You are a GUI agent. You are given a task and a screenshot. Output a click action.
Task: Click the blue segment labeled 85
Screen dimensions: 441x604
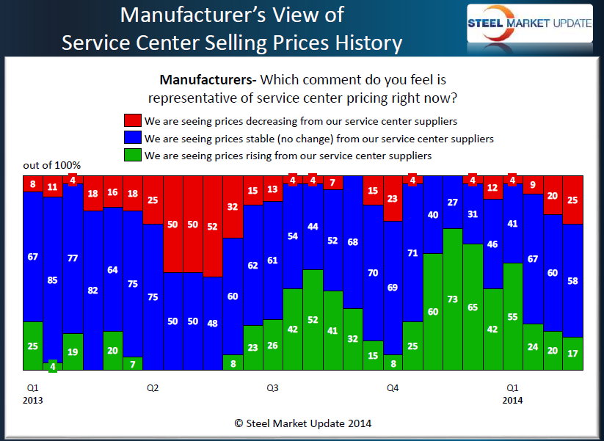point(53,280)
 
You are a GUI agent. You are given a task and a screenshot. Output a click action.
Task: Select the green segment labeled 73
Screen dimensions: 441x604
point(453,299)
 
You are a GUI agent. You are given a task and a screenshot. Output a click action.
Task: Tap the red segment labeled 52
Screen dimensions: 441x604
point(213,226)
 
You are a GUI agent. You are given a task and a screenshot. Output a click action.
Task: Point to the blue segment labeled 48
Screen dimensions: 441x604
point(213,323)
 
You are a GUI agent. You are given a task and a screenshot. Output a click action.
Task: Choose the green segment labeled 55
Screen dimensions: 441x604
point(512,316)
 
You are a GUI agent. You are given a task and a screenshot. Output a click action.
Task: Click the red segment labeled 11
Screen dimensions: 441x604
point(53,186)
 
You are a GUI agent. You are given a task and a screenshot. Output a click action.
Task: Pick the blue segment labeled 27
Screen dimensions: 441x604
point(453,202)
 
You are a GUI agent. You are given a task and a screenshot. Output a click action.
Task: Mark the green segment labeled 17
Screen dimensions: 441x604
point(572,353)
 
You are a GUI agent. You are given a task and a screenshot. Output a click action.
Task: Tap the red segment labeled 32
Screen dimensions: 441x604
point(233,207)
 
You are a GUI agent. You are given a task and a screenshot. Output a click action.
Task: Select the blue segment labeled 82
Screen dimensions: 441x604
point(92,291)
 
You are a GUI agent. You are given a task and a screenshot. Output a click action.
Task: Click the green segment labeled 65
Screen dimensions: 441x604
point(473,307)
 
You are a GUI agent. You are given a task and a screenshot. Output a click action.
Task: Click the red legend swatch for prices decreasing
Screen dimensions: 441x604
point(134,121)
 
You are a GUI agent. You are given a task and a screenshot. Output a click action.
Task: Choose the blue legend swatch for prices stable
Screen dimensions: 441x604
point(134,138)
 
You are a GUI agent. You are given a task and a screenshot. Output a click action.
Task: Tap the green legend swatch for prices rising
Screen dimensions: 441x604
point(134,156)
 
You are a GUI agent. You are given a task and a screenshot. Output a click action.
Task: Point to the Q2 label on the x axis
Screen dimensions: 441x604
point(153,387)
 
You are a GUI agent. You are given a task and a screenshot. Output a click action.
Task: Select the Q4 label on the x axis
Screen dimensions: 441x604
point(393,387)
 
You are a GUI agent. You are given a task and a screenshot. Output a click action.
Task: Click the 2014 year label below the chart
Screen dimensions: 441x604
point(512,400)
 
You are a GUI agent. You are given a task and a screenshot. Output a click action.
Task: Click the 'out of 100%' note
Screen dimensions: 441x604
point(52,165)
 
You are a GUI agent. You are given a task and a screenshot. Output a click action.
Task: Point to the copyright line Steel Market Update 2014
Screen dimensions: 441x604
point(302,423)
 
